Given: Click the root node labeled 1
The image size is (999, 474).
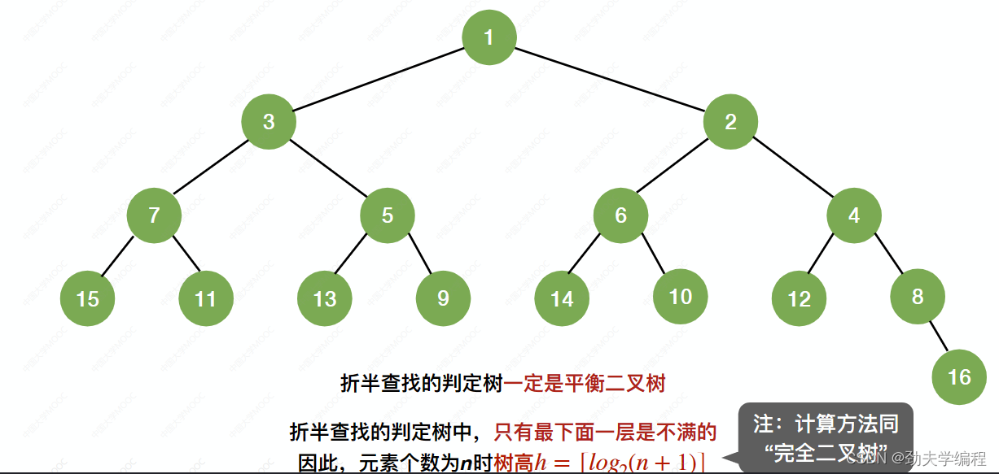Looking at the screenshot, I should tap(489, 37).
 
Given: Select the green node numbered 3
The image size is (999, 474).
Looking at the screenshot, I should tap(269, 122).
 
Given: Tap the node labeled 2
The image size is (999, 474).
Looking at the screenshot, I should tap(730, 122).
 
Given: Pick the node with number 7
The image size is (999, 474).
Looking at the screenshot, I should tap(154, 215).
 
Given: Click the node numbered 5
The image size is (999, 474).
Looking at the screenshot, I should tap(388, 215).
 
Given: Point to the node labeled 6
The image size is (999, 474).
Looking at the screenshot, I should tap(620, 215).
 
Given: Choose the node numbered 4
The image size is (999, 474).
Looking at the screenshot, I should tap(854, 215).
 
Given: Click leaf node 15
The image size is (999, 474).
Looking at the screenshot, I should tap(87, 298).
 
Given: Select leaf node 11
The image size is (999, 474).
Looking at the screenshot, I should tap(205, 298).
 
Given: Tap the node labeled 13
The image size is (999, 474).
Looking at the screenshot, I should tap(324, 298).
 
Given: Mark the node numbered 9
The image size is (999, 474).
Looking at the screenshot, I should tap(443, 298).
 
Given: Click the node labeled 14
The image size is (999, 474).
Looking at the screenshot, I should tap(562, 298).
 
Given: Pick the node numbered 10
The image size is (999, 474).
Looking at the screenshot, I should tap(680, 297).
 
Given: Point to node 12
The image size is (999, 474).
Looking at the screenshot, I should tap(799, 298).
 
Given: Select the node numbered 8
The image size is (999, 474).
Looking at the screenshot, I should tap(918, 297).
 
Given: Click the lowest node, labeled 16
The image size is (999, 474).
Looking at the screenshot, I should tap(959, 376).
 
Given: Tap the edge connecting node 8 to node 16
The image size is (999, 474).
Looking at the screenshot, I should tap(939, 337).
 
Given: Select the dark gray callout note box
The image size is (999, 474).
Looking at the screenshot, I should tap(825, 437).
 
